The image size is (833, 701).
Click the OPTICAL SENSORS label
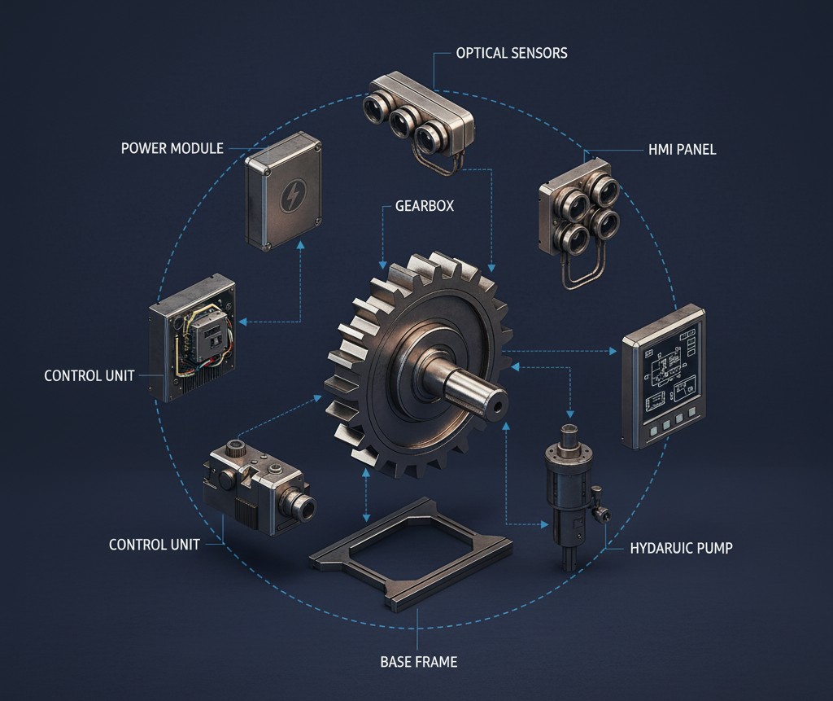[x=511, y=53]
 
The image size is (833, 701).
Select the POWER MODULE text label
[x=172, y=148]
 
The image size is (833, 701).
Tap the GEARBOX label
[x=424, y=206]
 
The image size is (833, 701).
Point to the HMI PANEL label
[x=682, y=150]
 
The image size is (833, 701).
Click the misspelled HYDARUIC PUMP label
[x=681, y=548]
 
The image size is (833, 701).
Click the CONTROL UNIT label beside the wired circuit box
[x=89, y=376]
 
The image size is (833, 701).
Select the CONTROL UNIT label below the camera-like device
[x=154, y=545]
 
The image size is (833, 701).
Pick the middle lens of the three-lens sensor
[x=403, y=123]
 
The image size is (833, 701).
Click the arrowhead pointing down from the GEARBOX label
[x=382, y=264]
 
